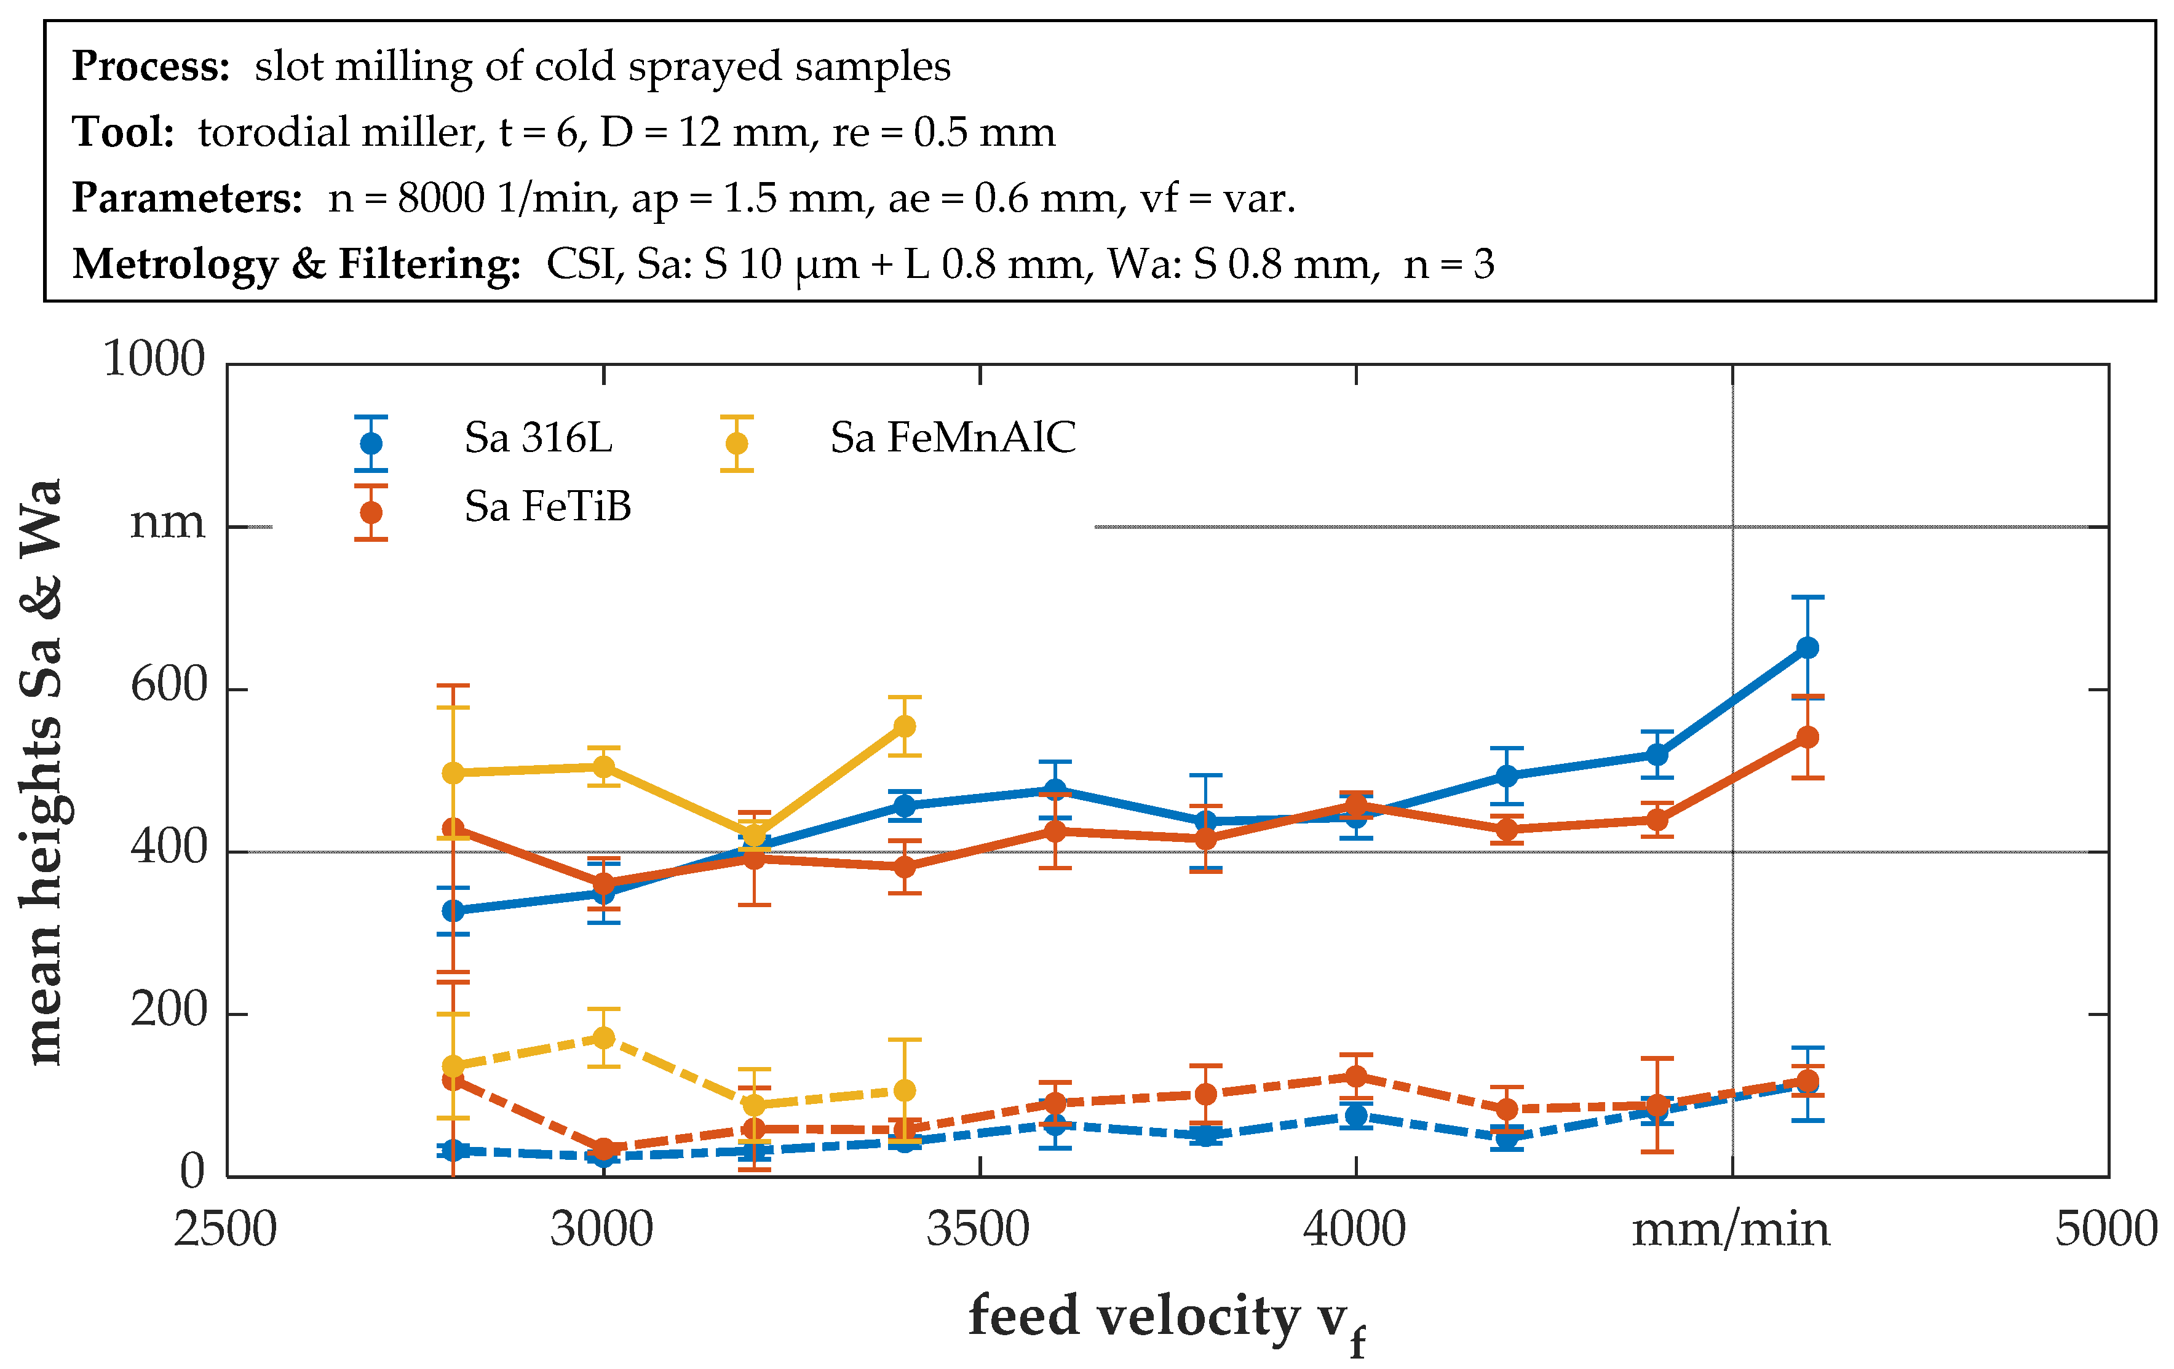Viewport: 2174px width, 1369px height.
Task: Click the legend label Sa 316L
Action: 538,438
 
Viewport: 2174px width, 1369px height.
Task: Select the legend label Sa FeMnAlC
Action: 953,438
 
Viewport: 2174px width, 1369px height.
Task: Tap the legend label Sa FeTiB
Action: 547,507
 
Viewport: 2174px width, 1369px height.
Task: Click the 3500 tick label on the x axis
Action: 978,1230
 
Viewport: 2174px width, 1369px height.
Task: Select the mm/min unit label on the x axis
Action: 1731,1230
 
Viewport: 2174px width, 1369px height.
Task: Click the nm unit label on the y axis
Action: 168,522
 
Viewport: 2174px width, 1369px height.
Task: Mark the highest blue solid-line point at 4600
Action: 1807,648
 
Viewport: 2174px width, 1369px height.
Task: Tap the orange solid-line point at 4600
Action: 1807,737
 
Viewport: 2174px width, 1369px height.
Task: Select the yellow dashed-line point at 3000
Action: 604,1038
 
